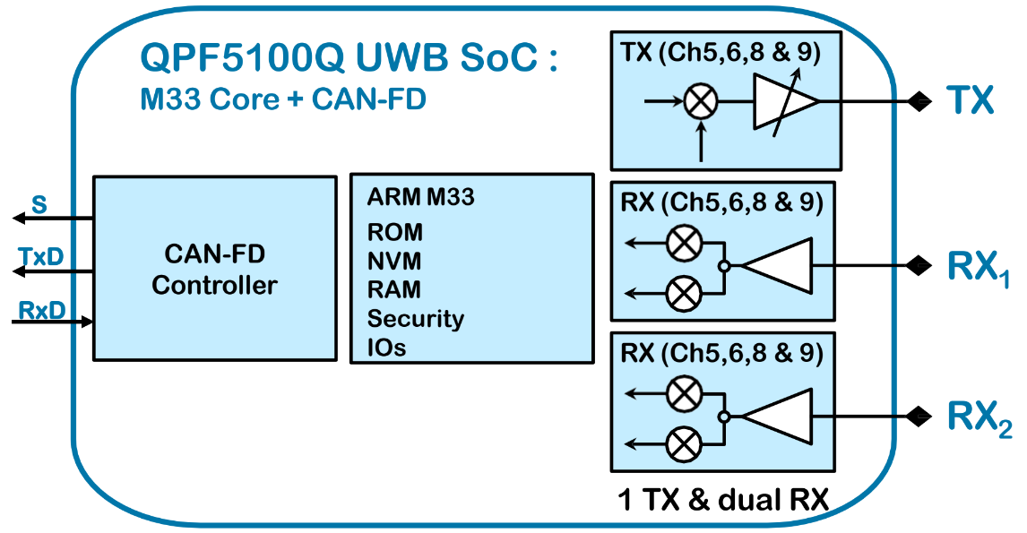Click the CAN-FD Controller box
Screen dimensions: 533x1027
[214, 268]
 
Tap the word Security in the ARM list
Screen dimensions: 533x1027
[415, 319]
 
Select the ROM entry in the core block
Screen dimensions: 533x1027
[394, 233]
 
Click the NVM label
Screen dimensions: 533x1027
[394, 262]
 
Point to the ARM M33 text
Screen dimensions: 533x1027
[420, 198]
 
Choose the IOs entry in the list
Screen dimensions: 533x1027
[386, 348]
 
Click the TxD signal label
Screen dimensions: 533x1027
[41, 257]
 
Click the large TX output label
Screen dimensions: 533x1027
[970, 101]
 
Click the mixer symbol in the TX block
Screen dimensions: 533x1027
[701, 102]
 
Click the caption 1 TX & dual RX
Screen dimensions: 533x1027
[722, 500]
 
